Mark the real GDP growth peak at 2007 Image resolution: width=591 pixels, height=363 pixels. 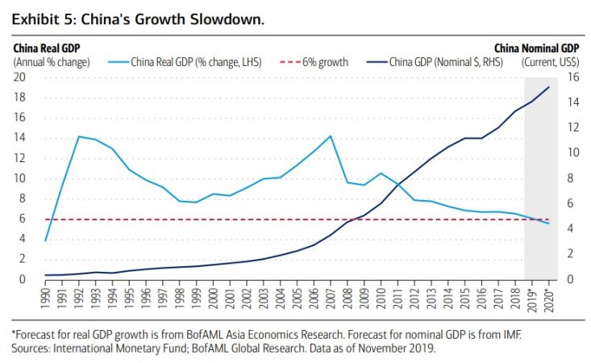click(x=329, y=136)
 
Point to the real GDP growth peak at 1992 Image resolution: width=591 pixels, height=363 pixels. click(x=79, y=136)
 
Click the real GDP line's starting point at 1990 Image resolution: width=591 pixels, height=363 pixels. click(x=46, y=240)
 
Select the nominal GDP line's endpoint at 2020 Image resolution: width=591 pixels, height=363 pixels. click(x=548, y=87)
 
